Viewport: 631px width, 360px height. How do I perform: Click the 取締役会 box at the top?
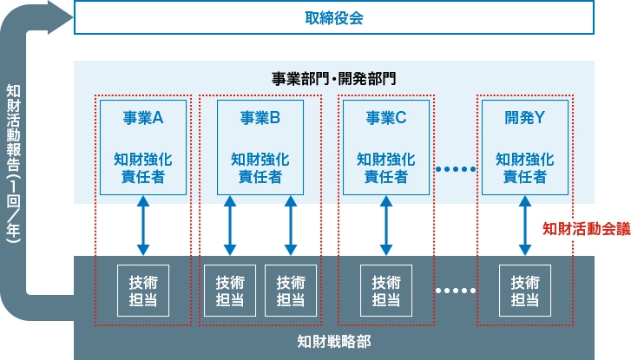click(x=333, y=17)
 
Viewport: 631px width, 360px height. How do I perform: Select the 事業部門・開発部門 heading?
click(x=333, y=79)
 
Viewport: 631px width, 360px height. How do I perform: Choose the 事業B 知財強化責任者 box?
click(x=260, y=147)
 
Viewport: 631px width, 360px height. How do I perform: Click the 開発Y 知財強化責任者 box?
click(x=524, y=147)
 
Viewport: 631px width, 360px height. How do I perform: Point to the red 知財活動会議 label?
click(x=586, y=229)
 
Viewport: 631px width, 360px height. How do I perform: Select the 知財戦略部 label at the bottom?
click(x=333, y=341)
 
